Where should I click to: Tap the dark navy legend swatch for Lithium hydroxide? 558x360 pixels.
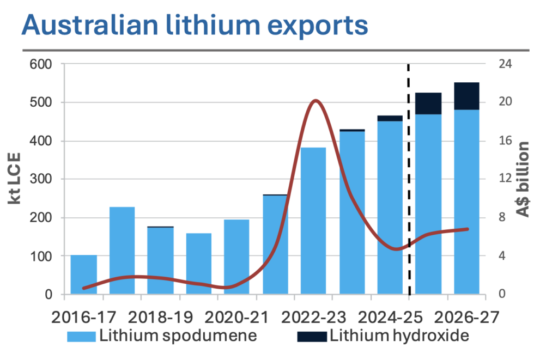point(312,337)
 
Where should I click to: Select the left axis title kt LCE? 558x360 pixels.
point(15,179)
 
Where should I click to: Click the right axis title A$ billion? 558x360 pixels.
point(524,179)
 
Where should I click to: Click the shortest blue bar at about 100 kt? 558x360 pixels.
point(83,274)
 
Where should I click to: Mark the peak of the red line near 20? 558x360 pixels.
point(315,101)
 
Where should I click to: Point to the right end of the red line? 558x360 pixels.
point(468,229)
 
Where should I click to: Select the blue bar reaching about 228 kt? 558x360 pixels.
point(122,251)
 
